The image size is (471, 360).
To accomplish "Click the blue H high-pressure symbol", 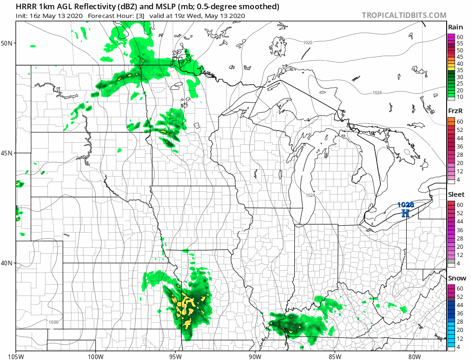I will coord(405,213).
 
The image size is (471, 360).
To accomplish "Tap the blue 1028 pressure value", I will coord(405,205).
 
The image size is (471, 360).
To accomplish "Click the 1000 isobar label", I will coord(53,322).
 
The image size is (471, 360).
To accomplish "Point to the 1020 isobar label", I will coord(308,43).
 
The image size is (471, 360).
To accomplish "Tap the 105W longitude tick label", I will coord(16,355).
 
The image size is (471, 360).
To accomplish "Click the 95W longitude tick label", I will coord(175,355).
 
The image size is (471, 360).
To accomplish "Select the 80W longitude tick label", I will coord(414,355).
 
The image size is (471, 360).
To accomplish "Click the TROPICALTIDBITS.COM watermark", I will coord(404,15).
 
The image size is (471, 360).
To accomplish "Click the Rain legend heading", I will coord(455,28).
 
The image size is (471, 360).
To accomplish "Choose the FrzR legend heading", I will coord(456,111).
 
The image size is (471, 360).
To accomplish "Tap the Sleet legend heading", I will coord(456,194).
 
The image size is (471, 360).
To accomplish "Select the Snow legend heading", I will coord(457,278).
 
